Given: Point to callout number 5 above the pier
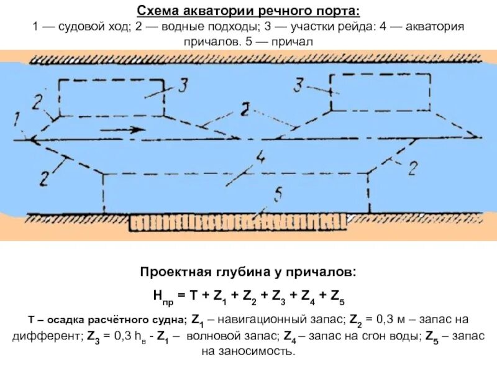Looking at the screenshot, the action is [x=277, y=195].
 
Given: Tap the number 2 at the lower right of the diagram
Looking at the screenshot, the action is [x=411, y=168].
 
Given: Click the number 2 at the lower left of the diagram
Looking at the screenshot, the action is [x=44, y=177].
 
